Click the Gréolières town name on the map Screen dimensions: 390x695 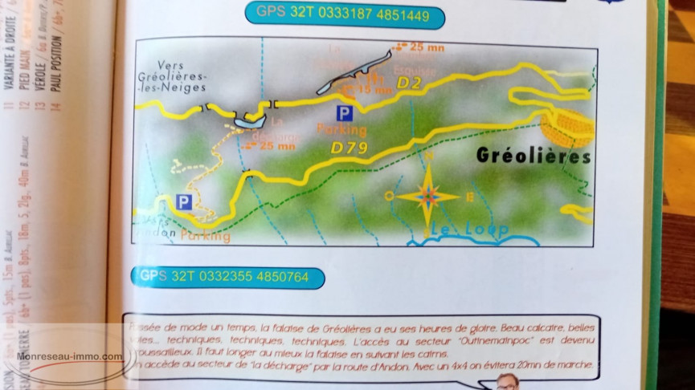(534, 156)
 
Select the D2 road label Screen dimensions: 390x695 (410, 83)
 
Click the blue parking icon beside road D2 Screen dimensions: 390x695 (344, 112)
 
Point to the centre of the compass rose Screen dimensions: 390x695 (429, 195)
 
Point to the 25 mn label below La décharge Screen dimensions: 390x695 (278, 146)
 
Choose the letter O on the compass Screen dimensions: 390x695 (390, 195)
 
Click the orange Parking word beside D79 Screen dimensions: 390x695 (341, 131)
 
